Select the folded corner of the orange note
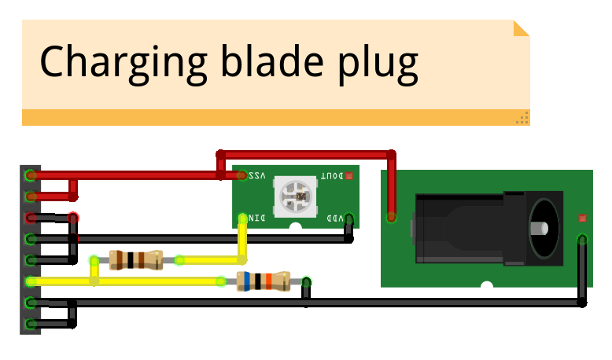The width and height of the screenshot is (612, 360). coord(521,28)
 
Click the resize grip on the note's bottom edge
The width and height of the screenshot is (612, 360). coord(522,118)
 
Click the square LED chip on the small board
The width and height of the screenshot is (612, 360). coord(294,197)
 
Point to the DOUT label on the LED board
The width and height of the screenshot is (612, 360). coord(331,176)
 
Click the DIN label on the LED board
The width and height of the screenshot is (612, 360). coord(258,218)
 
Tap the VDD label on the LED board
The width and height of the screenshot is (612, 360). coord(334,218)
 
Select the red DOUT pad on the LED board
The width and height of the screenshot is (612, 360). coord(349,176)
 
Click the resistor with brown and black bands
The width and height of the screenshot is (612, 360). coord(136,259)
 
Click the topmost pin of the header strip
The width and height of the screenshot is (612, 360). coord(30,174)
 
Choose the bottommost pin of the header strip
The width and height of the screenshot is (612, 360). coord(30,324)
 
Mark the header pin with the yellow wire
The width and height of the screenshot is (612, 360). coord(30,281)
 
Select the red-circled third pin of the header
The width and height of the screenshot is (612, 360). coord(30,217)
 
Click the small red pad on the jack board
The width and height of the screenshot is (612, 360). coord(582,217)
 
